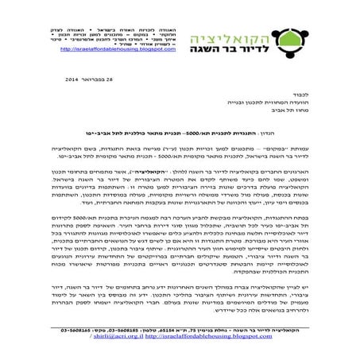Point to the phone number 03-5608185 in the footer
(132, 329)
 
